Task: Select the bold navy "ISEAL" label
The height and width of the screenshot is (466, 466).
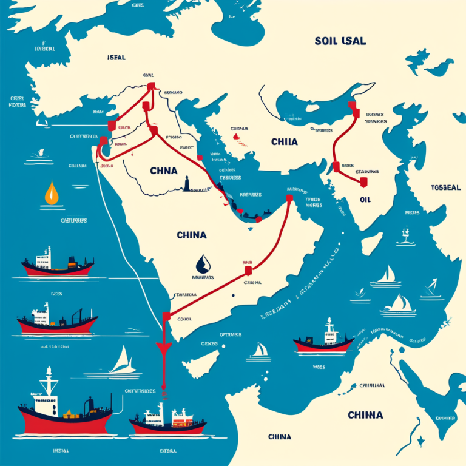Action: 115,58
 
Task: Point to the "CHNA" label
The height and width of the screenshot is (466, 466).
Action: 163,171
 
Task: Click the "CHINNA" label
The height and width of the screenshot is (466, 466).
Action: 365,415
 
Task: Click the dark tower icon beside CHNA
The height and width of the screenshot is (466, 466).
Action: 187,183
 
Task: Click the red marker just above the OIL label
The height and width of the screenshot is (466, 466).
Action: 364,181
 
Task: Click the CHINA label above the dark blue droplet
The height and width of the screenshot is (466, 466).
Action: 192,234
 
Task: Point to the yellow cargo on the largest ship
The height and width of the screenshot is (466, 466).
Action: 69,414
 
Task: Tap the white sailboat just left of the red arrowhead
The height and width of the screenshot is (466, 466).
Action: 120,362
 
